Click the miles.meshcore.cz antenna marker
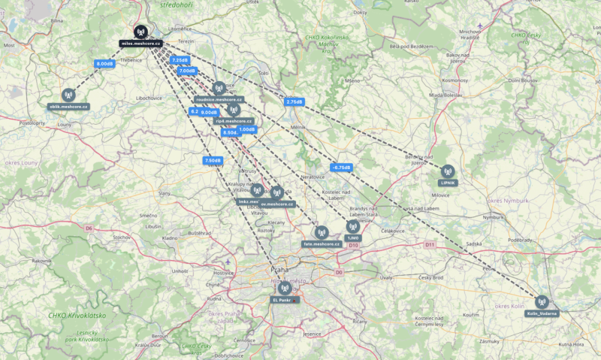click(140, 32)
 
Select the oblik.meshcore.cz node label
click(69, 107)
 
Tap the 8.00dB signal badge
click(104, 64)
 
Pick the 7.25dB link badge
click(180, 60)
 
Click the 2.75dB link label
click(294, 101)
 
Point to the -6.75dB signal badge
click(341, 167)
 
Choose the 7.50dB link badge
click(213, 160)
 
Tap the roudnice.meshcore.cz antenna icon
click(219, 88)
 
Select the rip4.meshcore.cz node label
click(234, 120)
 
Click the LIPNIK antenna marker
click(448, 171)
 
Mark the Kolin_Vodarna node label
click(542, 313)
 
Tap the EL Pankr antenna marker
click(283, 288)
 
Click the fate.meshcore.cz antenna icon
click(322, 233)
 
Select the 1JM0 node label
click(353, 237)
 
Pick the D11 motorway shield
click(430, 244)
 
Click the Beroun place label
click(160, 336)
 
